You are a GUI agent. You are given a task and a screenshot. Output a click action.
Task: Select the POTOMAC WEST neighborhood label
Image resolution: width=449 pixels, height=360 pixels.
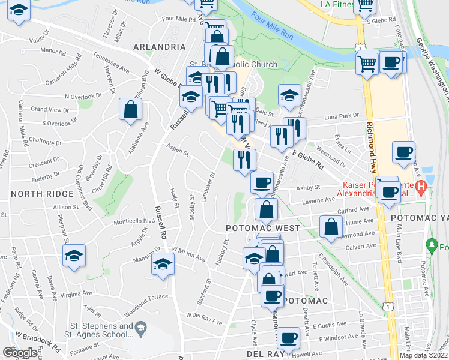(262, 229)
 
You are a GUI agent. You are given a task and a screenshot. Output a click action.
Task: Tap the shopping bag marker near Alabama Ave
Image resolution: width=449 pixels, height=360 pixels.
(130, 110)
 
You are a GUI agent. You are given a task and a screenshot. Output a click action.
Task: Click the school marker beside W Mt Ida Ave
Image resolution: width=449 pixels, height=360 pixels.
(163, 263)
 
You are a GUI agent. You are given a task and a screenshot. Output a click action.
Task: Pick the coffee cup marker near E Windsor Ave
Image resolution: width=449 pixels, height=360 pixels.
(289, 338)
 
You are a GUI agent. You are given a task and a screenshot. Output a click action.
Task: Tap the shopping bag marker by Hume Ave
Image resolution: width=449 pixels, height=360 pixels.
(331, 227)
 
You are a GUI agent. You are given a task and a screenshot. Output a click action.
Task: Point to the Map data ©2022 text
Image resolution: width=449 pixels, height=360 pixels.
(423, 355)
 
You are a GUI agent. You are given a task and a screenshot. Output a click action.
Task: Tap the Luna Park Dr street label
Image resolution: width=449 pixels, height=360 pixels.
(342, 116)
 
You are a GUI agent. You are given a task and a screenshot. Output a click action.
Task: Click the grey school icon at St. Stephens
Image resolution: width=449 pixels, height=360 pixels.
(140, 328)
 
